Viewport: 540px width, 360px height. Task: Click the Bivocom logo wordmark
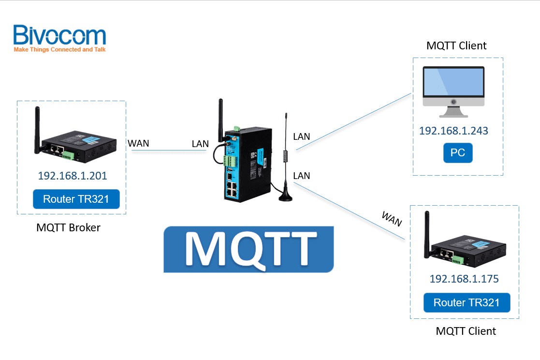point(59,35)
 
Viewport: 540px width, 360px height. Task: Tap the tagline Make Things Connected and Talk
point(59,49)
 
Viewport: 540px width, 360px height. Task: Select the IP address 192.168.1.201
point(73,176)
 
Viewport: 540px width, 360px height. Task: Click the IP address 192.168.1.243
point(453,131)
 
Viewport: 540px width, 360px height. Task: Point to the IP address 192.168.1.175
point(464,279)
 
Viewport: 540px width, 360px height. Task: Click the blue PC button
point(457,153)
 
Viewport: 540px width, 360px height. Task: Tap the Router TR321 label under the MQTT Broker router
point(76,199)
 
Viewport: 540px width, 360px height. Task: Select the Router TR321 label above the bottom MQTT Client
point(467,303)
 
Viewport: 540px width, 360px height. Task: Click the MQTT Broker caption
point(68,227)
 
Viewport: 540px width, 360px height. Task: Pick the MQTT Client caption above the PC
point(456,46)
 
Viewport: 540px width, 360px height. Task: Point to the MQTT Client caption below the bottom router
point(466,331)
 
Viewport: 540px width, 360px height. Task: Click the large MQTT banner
point(248,249)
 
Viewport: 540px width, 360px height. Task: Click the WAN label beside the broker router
point(138,143)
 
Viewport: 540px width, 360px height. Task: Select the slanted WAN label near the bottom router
point(392,219)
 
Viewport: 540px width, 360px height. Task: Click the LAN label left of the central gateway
point(200,144)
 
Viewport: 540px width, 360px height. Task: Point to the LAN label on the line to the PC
point(301,137)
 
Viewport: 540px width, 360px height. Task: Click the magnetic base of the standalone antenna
point(285,195)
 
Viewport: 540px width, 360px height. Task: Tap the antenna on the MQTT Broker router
point(36,128)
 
